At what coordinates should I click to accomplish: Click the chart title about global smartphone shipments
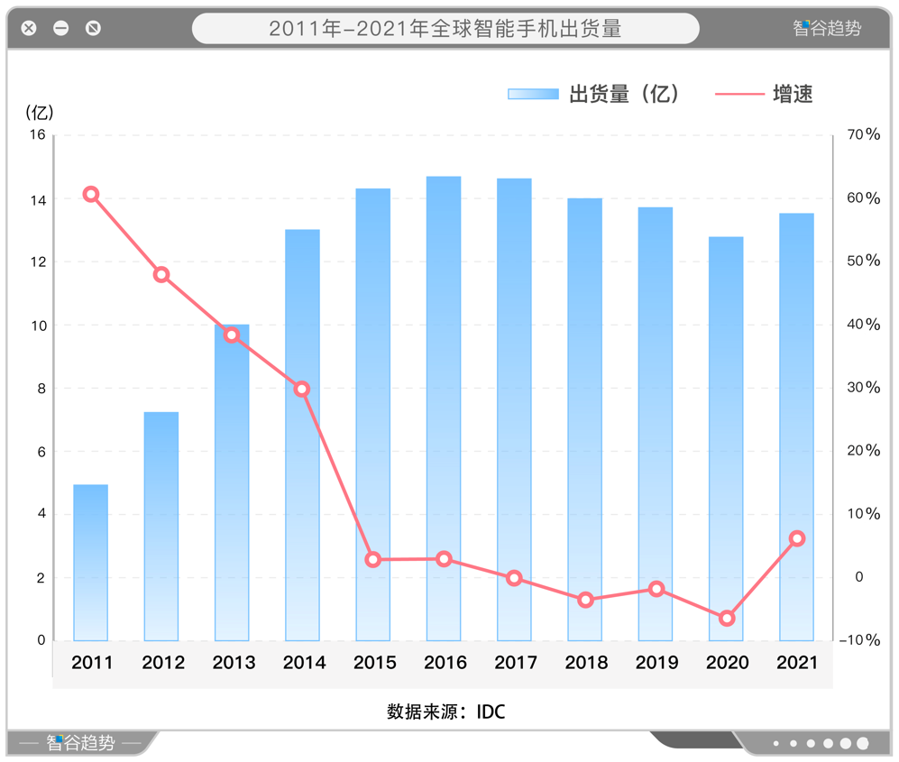445,29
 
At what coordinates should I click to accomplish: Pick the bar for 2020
726,438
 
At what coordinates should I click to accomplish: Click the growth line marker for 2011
90,195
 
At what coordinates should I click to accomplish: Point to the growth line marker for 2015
373,560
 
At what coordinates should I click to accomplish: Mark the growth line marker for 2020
727,619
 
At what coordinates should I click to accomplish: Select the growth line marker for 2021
797,538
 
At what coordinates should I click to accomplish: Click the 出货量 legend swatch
533,94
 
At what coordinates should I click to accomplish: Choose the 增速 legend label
793,94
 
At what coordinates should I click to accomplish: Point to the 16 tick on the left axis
37,135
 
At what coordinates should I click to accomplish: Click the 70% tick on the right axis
863,134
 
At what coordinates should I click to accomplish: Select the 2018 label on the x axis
586,663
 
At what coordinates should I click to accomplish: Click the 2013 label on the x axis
234,663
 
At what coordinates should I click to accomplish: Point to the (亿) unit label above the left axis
40,113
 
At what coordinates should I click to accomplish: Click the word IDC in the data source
491,712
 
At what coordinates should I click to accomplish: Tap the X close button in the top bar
29,28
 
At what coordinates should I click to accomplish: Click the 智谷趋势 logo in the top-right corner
827,28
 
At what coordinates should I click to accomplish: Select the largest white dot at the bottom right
863,744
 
